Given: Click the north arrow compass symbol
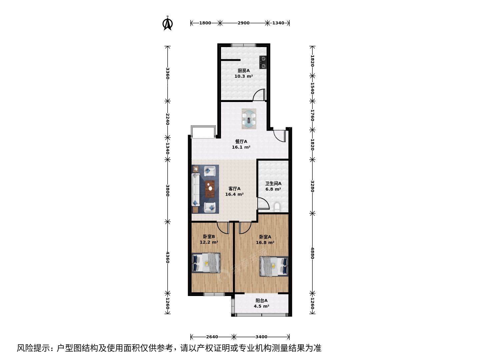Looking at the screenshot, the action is [x=168, y=23].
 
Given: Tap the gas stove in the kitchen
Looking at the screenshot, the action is [x=263, y=62].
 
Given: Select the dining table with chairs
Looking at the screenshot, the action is [x=249, y=119].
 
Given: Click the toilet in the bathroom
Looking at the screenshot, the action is [x=277, y=207].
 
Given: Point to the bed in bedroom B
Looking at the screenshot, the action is [x=206, y=263].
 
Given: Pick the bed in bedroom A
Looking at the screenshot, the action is [x=274, y=266].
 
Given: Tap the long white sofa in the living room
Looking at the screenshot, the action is [x=196, y=190].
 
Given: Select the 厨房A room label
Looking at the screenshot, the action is [x=244, y=71].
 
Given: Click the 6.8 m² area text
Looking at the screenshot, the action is [x=273, y=189].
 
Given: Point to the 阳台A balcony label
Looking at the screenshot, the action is [x=262, y=301].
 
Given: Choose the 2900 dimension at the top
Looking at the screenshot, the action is [x=244, y=23].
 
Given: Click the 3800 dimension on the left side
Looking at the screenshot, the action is [x=168, y=191].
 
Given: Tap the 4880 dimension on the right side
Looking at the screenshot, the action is [x=312, y=253].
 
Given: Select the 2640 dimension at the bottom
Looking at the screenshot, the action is [x=212, y=337].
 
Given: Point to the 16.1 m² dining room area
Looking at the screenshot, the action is [x=241, y=147].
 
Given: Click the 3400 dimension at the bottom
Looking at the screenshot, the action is [x=262, y=337].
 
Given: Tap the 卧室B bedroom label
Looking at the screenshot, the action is [x=209, y=237].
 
